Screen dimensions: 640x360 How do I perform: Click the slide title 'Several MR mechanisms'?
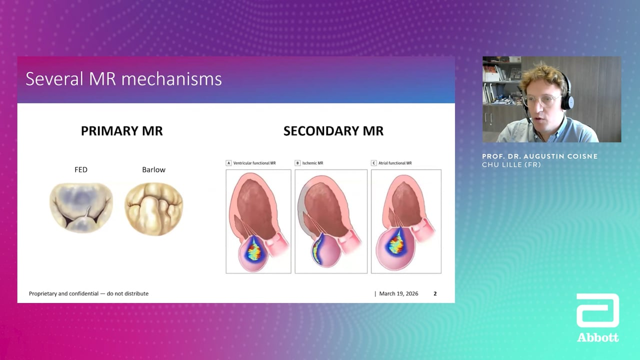pyautogui.click(x=123, y=79)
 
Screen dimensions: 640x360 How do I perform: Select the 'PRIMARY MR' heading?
pyautogui.click(x=121, y=131)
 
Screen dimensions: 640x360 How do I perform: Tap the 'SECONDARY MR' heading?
pyautogui.click(x=333, y=131)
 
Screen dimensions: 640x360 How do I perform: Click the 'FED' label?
pyautogui.click(x=81, y=169)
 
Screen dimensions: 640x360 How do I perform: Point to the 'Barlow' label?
pyautogui.click(x=153, y=169)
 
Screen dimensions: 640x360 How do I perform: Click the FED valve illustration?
pyautogui.click(x=81, y=207)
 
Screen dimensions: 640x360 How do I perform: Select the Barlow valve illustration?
pyautogui.click(x=153, y=209)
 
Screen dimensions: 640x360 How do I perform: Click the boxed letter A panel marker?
pyautogui.click(x=228, y=163)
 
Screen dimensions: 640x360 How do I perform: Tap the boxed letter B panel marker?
pyautogui.click(x=297, y=163)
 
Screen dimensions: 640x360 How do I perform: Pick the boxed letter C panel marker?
pyautogui.click(x=373, y=163)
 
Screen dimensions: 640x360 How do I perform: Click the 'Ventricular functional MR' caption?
pyautogui.click(x=254, y=163)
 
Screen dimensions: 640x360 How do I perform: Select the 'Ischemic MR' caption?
pyautogui.click(x=313, y=163)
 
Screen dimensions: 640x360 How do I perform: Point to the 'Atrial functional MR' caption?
pyautogui.click(x=395, y=163)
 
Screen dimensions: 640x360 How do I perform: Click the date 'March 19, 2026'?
pyautogui.click(x=398, y=293)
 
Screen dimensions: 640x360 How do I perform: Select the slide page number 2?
pyautogui.click(x=435, y=293)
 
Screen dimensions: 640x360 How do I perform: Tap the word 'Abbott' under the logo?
pyautogui.click(x=597, y=337)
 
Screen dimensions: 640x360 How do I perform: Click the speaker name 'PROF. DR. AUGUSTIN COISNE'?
pyautogui.click(x=539, y=156)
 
